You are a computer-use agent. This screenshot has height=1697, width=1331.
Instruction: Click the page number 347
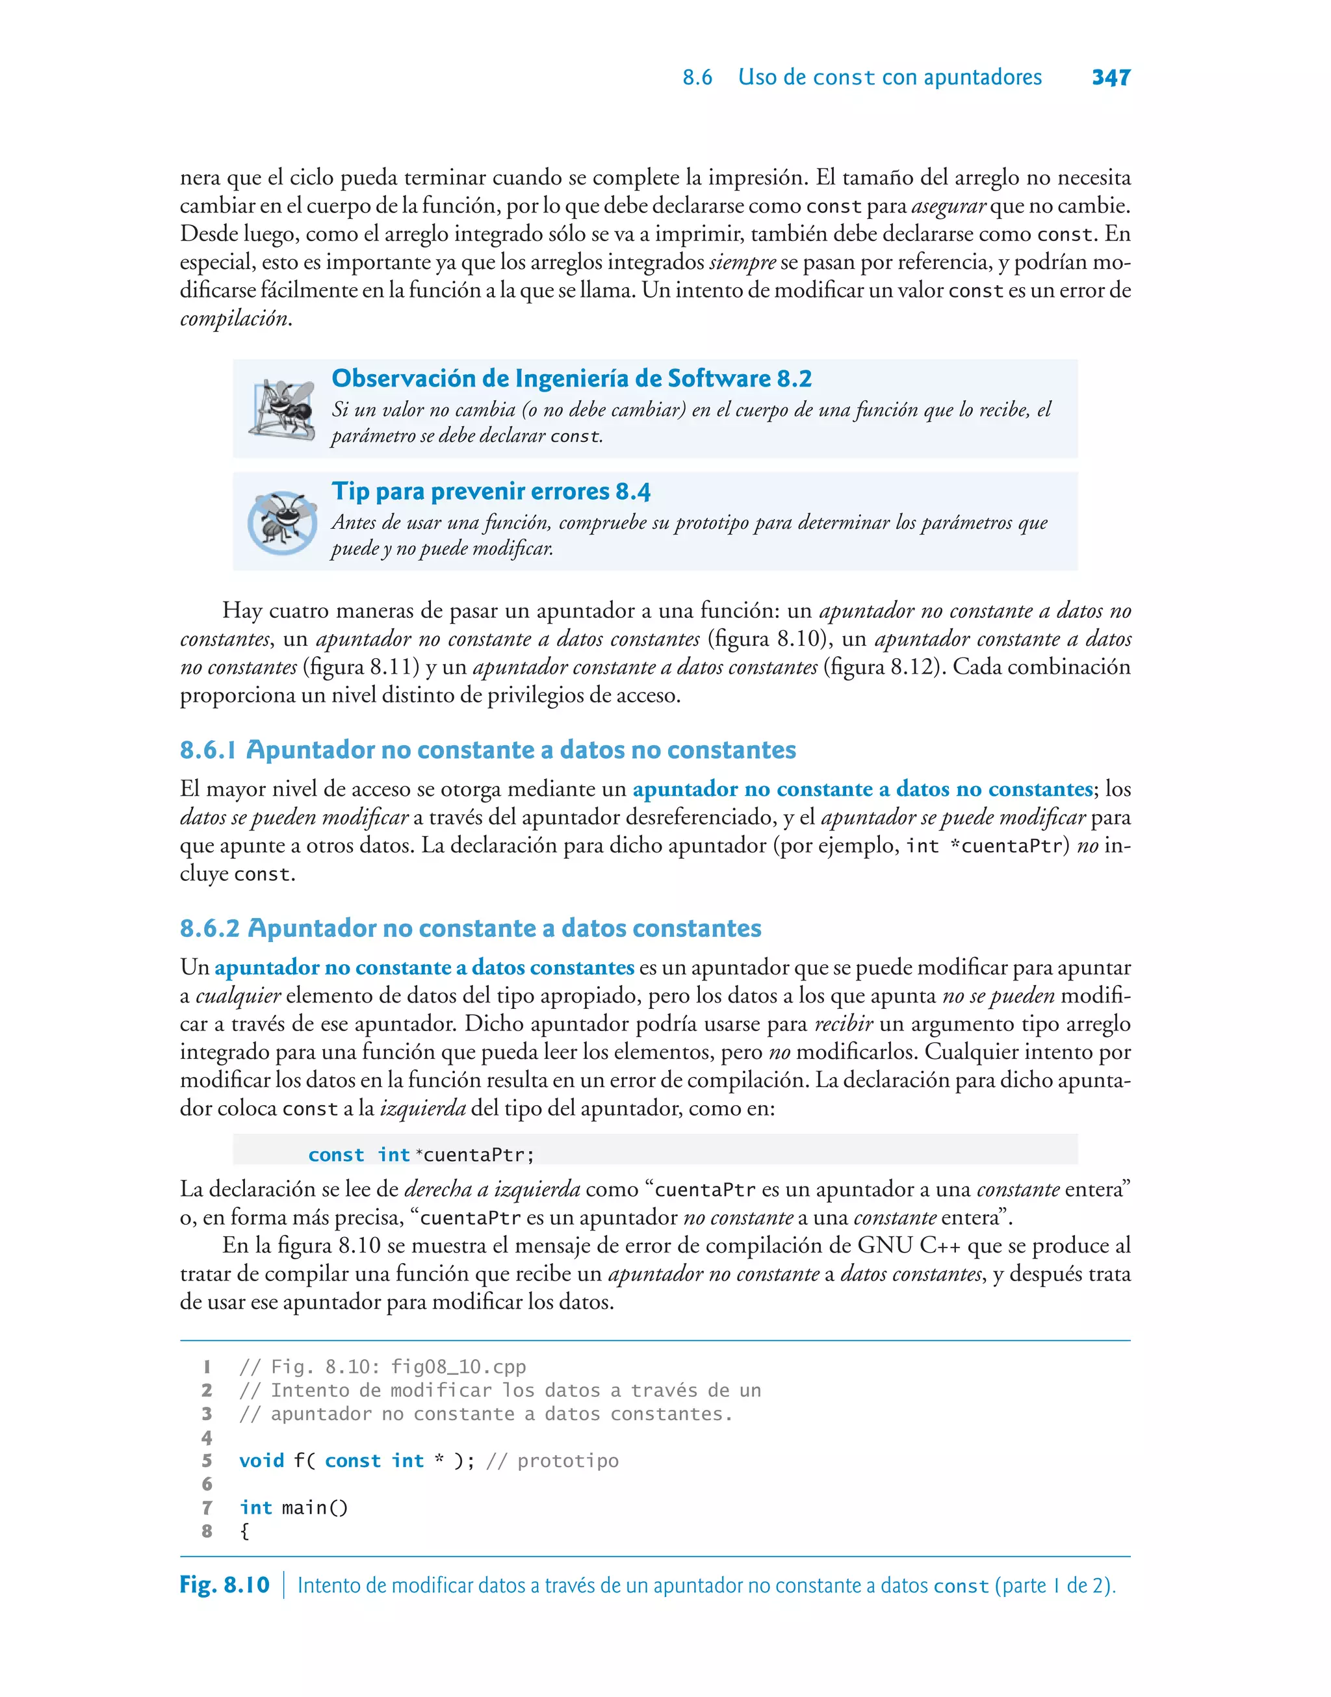point(1111,77)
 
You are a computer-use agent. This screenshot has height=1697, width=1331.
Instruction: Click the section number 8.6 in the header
point(697,77)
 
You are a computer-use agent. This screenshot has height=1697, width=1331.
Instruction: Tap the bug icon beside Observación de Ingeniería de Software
point(281,408)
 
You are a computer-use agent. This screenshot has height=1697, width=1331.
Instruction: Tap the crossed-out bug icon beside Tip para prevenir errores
point(281,522)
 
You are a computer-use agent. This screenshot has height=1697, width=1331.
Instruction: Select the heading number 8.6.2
point(209,928)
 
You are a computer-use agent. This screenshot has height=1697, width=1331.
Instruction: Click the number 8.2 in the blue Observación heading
point(794,379)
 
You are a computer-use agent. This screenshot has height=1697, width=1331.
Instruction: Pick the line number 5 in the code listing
point(207,1461)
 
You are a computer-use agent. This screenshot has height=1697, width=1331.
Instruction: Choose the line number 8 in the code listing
point(207,1531)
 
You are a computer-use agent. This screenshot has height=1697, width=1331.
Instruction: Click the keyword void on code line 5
point(261,1461)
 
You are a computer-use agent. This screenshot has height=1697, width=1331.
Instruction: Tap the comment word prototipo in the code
point(567,1461)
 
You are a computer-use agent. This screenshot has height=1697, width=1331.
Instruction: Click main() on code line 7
point(314,1508)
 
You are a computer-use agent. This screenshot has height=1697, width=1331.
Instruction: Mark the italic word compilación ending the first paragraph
point(234,318)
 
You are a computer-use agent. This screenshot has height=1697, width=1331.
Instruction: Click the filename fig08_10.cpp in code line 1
point(458,1367)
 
